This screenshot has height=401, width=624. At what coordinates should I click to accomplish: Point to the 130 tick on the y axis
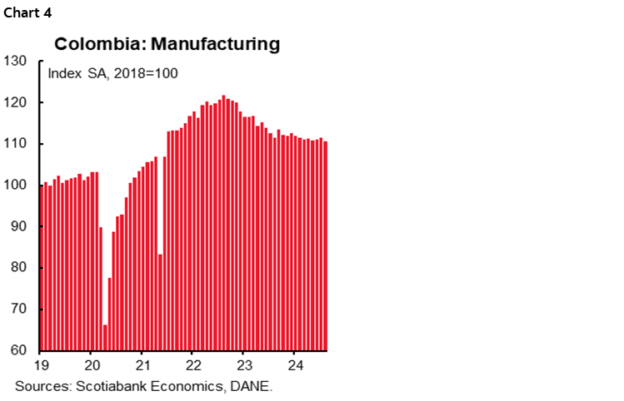click(x=16, y=61)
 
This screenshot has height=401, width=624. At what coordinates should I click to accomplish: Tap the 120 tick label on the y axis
click(x=16, y=102)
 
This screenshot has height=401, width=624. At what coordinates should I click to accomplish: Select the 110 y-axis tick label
click(x=16, y=143)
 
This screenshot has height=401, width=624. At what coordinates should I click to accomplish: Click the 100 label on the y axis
click(x=16, y=185)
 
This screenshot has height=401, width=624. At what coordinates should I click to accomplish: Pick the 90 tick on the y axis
click(x=19, y=226)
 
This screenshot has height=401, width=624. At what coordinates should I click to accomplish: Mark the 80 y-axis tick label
click(x=19, y=268)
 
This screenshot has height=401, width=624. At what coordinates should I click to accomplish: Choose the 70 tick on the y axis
click(x=19, y=309)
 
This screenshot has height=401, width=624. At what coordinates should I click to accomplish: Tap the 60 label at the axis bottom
click(x=19, y=350)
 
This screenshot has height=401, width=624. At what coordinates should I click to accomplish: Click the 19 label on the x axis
click(x=41, y=366)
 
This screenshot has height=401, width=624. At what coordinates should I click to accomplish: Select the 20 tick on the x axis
click(x=92, y=366)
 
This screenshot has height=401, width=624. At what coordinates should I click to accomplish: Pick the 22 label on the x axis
click(x=192, y=366)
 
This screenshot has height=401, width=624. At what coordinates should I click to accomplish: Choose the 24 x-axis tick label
click(x=294, y=366)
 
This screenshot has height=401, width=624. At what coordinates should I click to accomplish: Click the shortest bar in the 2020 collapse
click(x=105, y=337)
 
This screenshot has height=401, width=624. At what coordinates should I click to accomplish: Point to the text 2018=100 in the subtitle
click(x=149, y=73)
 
